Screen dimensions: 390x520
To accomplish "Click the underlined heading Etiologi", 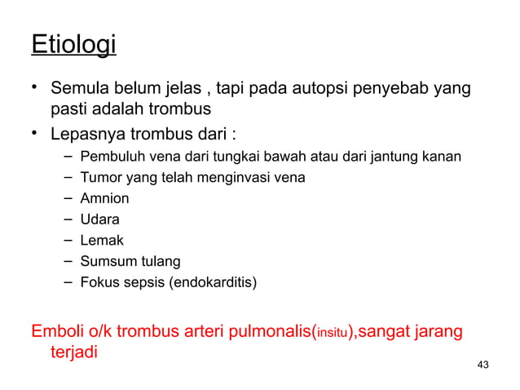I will [73, 44].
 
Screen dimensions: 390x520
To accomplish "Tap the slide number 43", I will [483, 364].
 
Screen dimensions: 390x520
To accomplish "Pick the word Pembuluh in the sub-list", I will [109, 156].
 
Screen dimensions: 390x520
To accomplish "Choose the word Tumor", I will [99, 177].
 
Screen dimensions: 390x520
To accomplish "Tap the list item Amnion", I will [104, 198].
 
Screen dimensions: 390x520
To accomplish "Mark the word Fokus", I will [98, 283].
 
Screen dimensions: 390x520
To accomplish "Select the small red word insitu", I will [334, 335].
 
